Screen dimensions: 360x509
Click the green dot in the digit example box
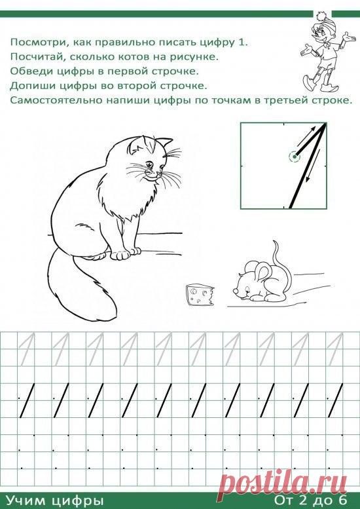(x=295, y=157)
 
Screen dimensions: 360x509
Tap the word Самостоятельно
(x=56, y=100)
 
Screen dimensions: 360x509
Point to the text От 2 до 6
(x=311, y=500)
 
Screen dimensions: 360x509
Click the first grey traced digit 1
(x=27, y=350)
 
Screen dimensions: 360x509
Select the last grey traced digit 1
(x=334, y=350)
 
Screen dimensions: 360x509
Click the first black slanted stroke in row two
(x=27, y=400)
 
